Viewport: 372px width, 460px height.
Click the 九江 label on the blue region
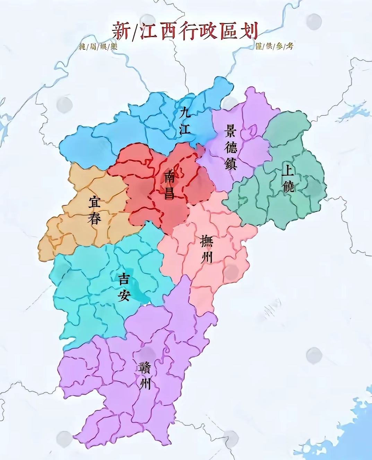tap(184, 120)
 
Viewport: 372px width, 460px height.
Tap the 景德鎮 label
tap(230, 147)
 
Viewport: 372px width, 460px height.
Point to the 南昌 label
tap(169, 184)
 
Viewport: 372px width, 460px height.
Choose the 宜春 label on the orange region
tap(94, 210)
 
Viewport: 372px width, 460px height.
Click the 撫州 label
tap(207, 249)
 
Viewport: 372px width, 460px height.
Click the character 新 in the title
tap(121, 31)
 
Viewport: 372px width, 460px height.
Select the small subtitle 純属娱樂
tap(98, 46)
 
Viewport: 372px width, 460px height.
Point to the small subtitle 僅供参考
tap(274, 46)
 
